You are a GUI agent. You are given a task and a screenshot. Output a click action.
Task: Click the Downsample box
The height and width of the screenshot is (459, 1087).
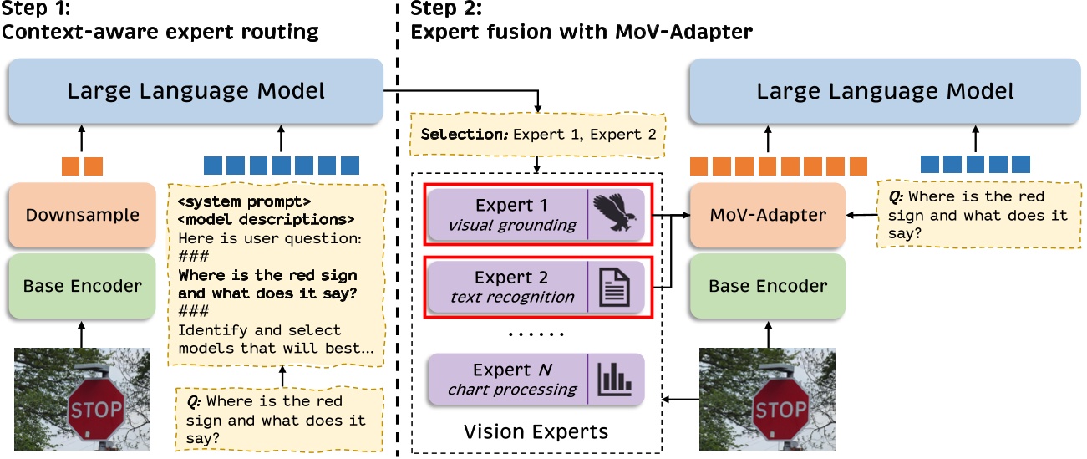(x=82, y=215)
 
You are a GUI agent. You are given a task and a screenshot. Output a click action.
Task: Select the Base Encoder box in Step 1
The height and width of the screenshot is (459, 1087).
(x=82, y=286)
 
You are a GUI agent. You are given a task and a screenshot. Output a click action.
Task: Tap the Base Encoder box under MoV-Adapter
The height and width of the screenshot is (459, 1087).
(x=768, y=286)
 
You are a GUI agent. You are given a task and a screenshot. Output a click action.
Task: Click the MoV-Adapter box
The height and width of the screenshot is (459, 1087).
(x=768, y=215)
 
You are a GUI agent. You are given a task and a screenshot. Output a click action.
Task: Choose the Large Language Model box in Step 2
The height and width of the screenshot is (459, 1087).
(x=885, y=91)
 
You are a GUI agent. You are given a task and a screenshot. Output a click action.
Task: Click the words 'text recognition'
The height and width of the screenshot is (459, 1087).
(x=511, y=296)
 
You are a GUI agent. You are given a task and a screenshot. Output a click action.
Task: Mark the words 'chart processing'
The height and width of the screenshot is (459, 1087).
(x=511, y=389)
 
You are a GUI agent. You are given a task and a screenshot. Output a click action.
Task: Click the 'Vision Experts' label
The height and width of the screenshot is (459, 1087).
(x=535, y=432)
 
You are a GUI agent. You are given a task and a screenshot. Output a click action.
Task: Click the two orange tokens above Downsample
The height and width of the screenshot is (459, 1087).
(x=82, y=166)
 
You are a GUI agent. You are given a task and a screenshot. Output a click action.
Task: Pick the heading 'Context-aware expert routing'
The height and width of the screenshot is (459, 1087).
(x=161, y=33)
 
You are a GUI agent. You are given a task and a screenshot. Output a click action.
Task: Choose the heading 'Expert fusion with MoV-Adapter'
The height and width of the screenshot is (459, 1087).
(x=582, y=33)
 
